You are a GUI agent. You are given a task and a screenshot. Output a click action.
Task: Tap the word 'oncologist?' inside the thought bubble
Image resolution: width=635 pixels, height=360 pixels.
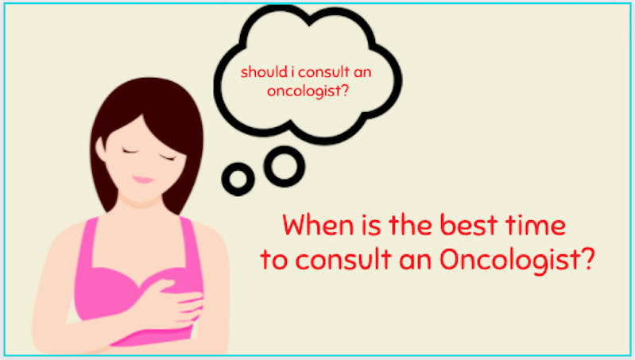click(x=308, y=91)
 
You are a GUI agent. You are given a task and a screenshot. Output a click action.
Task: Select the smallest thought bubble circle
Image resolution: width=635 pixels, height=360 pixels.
click(x=238, y=179)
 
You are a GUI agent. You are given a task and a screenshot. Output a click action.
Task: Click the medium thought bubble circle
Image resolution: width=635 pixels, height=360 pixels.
click(x=285, y=166)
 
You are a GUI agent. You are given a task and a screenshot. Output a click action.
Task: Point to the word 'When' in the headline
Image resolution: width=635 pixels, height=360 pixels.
click(x=318, y=225)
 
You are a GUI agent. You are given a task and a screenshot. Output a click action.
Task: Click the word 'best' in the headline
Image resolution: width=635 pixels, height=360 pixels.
click(x=468, y=225)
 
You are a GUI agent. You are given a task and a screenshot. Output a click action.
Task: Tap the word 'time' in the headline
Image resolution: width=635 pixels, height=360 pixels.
click(x=536, y=225)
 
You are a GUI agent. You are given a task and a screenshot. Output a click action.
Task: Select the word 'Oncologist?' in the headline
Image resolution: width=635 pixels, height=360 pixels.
click(x=517, y=260)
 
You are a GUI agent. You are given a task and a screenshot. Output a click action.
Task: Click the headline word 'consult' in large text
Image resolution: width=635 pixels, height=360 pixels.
click(x=343, y=259)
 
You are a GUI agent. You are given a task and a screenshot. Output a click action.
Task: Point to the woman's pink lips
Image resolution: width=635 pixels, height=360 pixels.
click(x=143, y=180)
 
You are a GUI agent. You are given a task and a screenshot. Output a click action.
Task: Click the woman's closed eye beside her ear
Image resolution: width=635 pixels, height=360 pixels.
click(x=130, y=152)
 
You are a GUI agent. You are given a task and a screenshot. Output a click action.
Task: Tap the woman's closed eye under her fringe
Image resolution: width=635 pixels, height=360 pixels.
click(x=168, y=157)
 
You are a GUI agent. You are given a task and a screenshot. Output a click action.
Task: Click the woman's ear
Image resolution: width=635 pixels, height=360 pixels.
click(x=100, y=149)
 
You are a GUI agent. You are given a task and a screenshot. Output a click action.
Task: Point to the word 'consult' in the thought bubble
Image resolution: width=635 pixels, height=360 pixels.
click(x=323, y=72)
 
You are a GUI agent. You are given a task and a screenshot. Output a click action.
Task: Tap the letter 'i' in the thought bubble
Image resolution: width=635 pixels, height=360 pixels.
click(x=292, y=72)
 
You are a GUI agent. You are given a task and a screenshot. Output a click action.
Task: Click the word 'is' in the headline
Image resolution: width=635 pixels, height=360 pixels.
click(x=371, y=226)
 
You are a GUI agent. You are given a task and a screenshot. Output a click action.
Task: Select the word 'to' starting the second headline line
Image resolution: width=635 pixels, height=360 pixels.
click(x=274, y=260)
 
